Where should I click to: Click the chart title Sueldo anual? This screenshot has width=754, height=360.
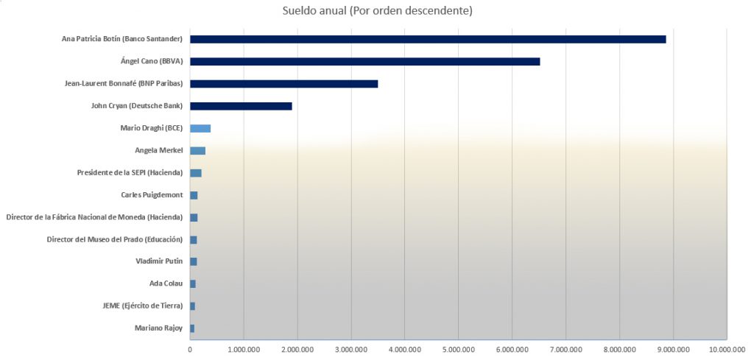pyautogui.click(x=377, y=11)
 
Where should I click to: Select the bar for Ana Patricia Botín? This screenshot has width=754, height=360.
pyautogui.click(x=428, y=39)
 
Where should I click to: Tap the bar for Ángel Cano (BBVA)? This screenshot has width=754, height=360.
pyautogui.click(x=364, y=61)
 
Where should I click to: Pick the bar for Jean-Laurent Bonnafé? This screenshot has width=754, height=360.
pyautogui.click(x=283, y=83)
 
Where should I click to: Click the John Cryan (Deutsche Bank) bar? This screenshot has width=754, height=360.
pyautogui.click(x=241, y=106)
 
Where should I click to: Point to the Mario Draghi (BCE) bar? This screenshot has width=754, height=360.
pyautogui.click(x=200, y=128)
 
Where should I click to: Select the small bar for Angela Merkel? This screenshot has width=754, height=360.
pyautogui.click(x=197, y=150)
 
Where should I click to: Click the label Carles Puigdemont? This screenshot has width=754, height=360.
pyautogui.click(x=152, y=195)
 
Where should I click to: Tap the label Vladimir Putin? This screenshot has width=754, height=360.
pyautogui.click(x=159, y=261)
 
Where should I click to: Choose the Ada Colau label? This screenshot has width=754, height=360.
pyautogui.click(x=166, y=283)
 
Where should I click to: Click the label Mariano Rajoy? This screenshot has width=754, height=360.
pyautogui.click(x=159, y=328)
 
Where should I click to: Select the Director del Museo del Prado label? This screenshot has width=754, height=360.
pyautogui.click(x=114, y=239)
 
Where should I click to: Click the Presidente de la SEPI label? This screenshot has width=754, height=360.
pyautogui.click(x=130, y=173)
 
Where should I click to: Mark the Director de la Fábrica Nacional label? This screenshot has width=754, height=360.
pyautogui.click(x=94, y=217)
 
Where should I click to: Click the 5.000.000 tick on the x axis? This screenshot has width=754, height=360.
pyautogui.click(x=458, y=350)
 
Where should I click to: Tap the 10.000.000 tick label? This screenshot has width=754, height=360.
pyautogui.click(x=727, y=350)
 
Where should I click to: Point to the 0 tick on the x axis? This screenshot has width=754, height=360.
pyautogui.click(x=190, y=350)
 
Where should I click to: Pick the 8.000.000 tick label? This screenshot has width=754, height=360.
pyautogui.click(x=619, y=350)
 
